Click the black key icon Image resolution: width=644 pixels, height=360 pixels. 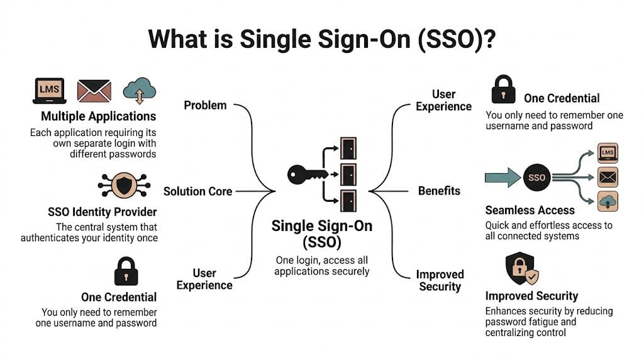coord(306,174)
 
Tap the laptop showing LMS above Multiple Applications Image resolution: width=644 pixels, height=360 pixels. coord(49,91)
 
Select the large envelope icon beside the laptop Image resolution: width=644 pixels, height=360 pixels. coord(94,91)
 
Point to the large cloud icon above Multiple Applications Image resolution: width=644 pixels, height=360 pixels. coord(139,91)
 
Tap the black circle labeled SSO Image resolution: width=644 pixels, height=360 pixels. coord(536,178)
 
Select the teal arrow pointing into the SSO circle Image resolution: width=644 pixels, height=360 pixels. coord(502,178)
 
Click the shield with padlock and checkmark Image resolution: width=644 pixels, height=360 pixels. coord(521,269)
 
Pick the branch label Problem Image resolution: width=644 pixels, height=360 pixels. coord(205,105)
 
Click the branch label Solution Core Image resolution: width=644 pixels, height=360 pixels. coord(197,191)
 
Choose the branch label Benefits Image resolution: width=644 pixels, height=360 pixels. coord(439,191)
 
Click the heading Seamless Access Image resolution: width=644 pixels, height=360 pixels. coord(530,210)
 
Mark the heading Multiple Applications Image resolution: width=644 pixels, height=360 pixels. coord(98,116)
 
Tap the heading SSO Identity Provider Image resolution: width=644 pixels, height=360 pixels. coord(102,211)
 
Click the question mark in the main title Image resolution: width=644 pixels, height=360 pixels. coord(487,39)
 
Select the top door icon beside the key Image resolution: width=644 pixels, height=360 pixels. coord(348,148)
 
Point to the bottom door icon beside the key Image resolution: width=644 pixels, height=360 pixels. coord(348,200)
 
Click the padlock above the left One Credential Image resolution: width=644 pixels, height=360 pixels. coord(126,271)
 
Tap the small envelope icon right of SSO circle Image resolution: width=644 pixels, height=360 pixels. coord(608,178)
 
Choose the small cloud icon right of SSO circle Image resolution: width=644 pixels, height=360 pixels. coord(608,201)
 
